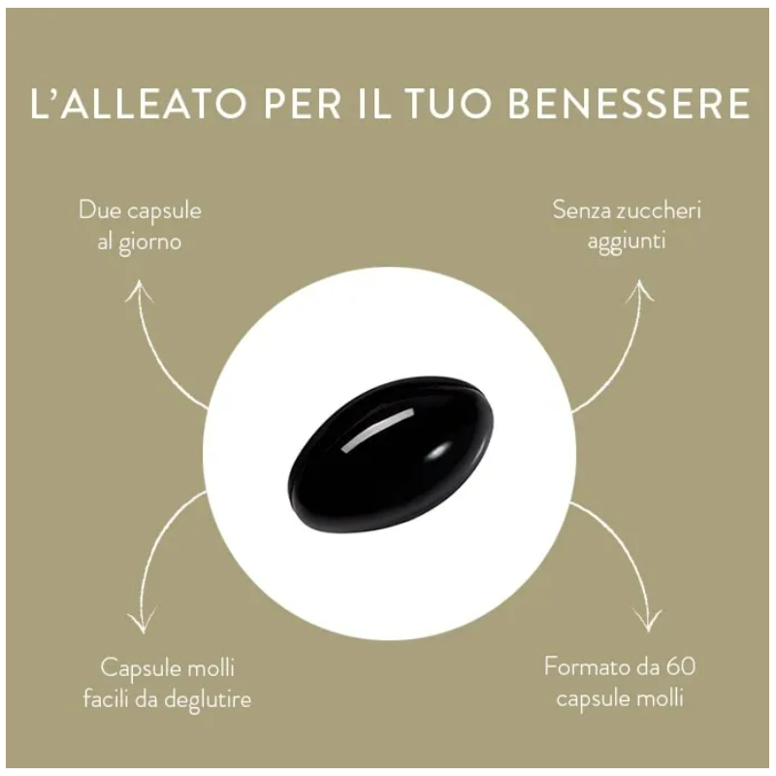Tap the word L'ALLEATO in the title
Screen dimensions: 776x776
139,104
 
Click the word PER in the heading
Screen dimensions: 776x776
303,104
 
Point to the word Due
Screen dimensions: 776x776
100,210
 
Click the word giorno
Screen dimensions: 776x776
149,243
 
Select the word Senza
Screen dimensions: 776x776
582,210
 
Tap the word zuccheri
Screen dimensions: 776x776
660,210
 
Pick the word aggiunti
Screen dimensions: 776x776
626,242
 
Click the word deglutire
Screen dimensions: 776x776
208,699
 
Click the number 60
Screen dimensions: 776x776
681,666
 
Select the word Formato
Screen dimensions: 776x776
587,666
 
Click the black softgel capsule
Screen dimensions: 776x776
391,453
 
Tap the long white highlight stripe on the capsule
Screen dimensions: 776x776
377,430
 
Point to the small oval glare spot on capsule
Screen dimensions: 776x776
438,451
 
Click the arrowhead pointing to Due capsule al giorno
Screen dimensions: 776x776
140,290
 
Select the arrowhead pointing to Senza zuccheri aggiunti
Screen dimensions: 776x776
639,290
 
